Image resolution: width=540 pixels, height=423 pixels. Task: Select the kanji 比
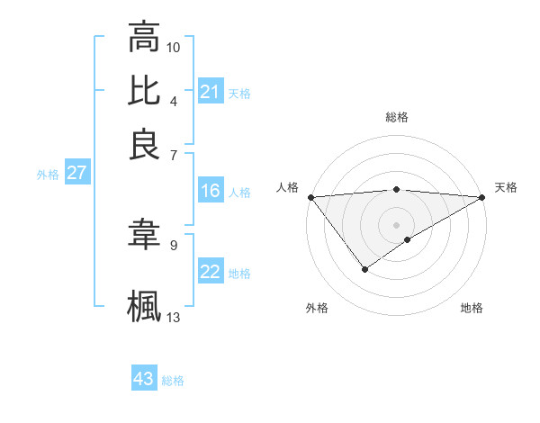tap(144, 91)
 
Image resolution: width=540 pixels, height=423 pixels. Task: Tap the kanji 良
tap(144, 144)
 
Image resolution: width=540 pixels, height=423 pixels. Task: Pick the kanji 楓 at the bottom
tap(144, 305)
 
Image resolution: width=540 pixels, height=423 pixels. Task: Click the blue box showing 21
tap(210, 92)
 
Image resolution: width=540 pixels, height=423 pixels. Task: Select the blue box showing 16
tap(210, 191)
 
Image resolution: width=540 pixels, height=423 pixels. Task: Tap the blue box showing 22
tap(210, 272)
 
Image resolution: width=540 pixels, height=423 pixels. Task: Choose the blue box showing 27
tap(76, 173)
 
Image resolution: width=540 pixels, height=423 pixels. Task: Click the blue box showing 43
tap(144, 379)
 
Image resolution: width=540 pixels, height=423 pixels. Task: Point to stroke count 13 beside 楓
tap(174, 316)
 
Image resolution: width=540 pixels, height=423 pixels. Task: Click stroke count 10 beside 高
tap(174, 46)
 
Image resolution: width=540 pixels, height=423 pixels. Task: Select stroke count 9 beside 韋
tap(174, 244)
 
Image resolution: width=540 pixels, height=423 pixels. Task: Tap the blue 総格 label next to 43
tap(173, 381)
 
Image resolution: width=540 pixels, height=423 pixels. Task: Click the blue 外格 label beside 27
tap(48, 175)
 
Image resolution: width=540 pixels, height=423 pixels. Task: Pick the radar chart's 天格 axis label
tap(506, 187)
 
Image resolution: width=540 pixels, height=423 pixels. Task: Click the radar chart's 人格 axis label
tap(288, 187)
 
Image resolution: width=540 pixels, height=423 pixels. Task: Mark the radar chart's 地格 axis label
tap(472, 308)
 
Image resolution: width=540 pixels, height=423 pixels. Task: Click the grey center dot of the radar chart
tap(396, 224)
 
